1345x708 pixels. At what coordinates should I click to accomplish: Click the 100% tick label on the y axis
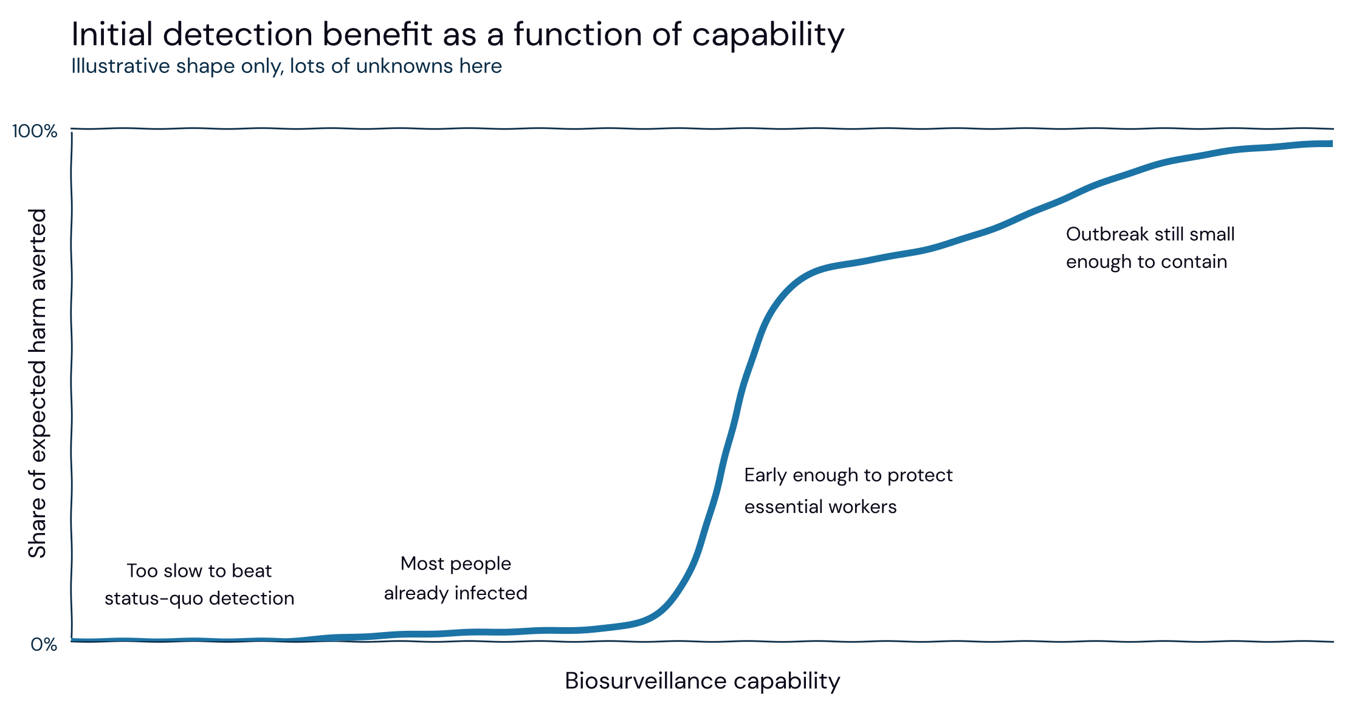point(35,131)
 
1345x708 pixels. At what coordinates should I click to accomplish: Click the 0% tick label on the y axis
point(44,644)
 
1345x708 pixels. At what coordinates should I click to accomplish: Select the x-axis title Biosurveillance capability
point(702,681)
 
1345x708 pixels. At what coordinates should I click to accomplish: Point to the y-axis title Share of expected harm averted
point(37,383)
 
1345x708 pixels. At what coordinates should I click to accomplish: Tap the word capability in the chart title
point(768,35)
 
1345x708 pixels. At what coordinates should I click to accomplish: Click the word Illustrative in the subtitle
point(120,66)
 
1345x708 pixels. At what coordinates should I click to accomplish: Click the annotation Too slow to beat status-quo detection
point(199,585)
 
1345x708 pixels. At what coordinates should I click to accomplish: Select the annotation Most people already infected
point(456,579)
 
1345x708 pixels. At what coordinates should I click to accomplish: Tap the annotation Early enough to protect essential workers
point(848,490)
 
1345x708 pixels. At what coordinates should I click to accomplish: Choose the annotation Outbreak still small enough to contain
point(1151,248)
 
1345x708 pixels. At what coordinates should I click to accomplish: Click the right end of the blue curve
point(1332,143)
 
